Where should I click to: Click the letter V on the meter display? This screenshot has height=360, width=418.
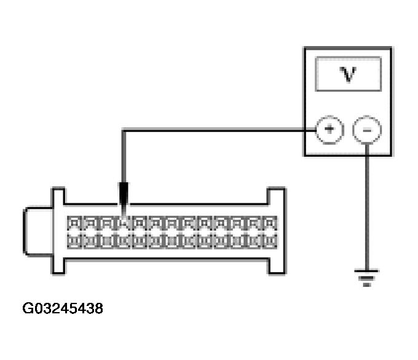click(348, 74)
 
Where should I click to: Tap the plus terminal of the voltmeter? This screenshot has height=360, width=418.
click(329, 130)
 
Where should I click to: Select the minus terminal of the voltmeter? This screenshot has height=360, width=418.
click(367, 130)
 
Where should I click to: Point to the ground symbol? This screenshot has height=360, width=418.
click(366, 278)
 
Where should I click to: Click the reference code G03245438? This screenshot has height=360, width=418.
click(63, 308)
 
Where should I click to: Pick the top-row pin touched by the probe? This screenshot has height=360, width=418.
click(123, 223)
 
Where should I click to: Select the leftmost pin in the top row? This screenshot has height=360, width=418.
click(74, 223)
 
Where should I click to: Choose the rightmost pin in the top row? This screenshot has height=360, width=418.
click(270, 223)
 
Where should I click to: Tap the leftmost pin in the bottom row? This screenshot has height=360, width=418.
click(74, 241)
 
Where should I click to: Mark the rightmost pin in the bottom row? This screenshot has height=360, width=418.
click(270, 241)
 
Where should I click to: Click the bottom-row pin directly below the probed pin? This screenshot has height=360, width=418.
click(123, 241)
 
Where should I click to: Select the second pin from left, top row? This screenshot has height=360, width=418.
click(91, 223)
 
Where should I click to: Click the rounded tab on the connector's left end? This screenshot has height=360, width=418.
click(37, 231)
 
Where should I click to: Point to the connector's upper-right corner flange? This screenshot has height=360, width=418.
click(277, 196)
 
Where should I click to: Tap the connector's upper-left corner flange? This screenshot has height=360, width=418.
click(58, 196)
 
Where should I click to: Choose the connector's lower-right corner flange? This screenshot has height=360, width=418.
click(277, 266)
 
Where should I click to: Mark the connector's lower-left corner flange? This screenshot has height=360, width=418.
click(58, 266)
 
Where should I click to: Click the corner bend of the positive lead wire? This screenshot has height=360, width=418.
click(124, 130)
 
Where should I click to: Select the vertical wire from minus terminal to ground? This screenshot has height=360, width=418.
click(367, 207)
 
